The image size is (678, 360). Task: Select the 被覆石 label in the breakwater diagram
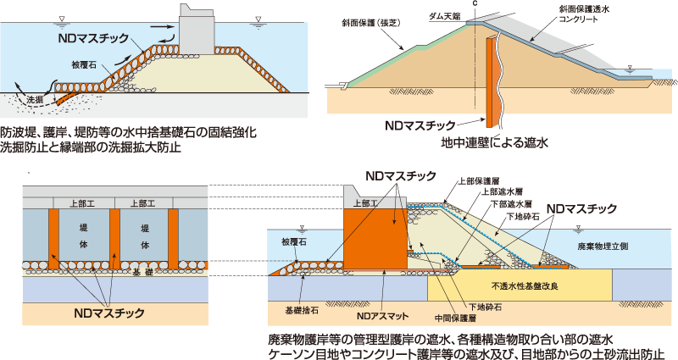tap(86, 64)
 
